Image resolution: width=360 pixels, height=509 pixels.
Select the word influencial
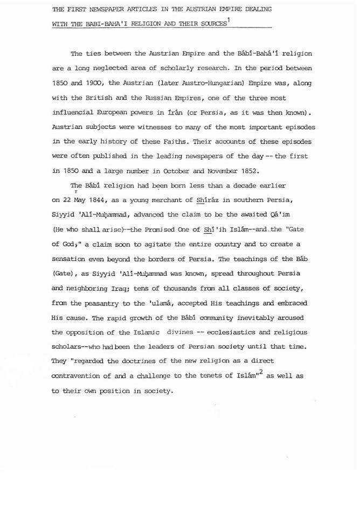[78, 113]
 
